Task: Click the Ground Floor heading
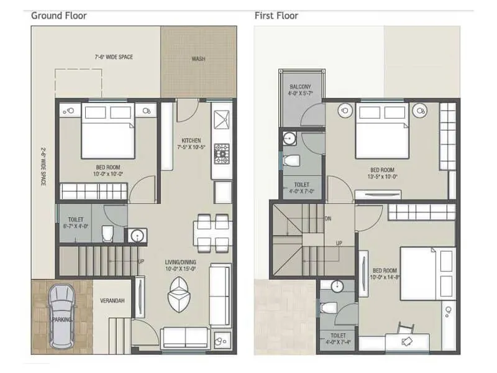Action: click(59, 16)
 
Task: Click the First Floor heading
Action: click(276, 16)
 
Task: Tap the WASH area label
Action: click(198, 59)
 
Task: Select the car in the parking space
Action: click(61, 316)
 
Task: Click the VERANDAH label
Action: click(112, 301)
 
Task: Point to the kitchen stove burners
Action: click(222, 153)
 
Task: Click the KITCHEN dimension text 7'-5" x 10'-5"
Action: click(190, 148)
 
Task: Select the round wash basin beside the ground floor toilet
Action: click(136, 235)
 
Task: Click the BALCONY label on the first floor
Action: click(299, 87)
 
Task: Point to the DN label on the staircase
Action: click(327, 219)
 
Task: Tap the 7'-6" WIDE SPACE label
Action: click(114, 57)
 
